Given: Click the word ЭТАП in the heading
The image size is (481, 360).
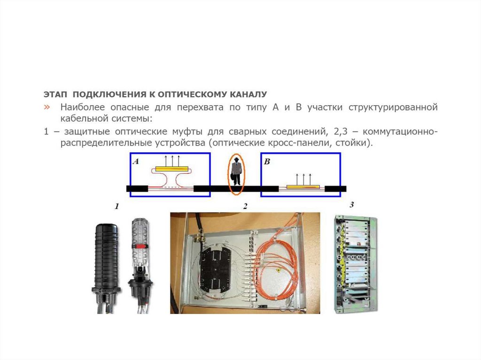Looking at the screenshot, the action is (x=55, y=94).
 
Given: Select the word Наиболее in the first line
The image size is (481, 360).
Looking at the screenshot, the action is (x=83, y=107).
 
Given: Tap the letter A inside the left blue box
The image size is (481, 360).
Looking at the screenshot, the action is (x=136, y=161).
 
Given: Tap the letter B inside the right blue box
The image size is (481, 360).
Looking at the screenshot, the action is (x=267, y=161).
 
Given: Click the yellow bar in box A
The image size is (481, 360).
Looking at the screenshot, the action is (x=172, y=169).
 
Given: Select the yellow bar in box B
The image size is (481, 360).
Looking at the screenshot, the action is (x=303, y=186).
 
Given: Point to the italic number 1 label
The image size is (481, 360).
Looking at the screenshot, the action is (x=116, y=207).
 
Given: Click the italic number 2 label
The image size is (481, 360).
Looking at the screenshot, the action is (x=245, y=207).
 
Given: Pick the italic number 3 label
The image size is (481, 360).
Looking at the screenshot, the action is (x=352, y=204).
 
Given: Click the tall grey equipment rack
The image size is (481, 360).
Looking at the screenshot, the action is (x=355, y=264).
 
